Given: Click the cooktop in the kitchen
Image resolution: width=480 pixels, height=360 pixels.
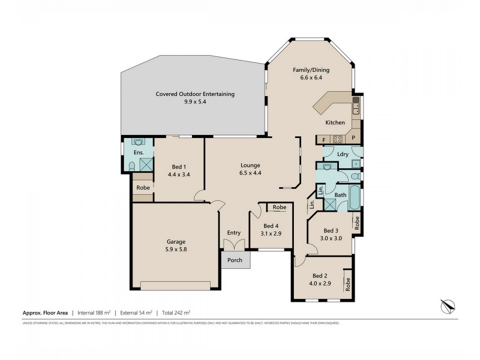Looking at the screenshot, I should click(337, 139).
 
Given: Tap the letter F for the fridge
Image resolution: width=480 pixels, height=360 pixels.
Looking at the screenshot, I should click(324, 139).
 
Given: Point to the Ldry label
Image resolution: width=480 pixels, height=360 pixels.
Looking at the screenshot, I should click(343, 154).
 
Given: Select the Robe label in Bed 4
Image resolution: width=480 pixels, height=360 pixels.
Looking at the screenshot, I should click(279, 207).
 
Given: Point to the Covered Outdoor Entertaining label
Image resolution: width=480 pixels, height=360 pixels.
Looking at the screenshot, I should click(195, 94).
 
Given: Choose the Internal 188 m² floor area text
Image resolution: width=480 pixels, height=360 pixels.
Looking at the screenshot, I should click(96, 313).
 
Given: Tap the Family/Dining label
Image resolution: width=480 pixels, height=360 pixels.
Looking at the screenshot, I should click(311, 70).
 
